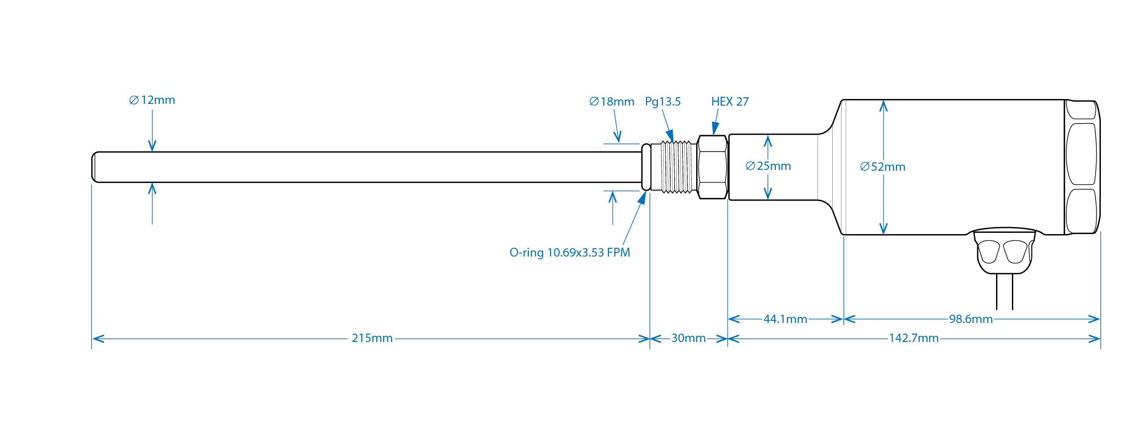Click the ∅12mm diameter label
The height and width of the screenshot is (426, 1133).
click(x=152, y=100)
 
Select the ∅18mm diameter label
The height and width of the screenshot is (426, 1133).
click(x=612, y=102)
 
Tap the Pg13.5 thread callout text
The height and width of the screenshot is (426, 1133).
click(x=663, y=102)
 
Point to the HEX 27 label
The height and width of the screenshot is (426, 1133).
click(x=730, y=102)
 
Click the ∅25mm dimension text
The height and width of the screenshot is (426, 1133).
click(x=768, y=166)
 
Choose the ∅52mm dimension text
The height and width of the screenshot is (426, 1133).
click(x=883, y=167)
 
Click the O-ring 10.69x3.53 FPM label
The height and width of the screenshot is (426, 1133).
click(x=569, y=253)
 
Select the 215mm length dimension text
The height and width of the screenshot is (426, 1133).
click(x=372, y=338)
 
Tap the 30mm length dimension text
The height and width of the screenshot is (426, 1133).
click(x=688, y=338)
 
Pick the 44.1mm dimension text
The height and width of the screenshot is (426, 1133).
click(x=785, y=319)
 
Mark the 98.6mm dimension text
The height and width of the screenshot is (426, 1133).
click(x=971, y=319)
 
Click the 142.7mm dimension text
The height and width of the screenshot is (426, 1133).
click(x=914, y=338)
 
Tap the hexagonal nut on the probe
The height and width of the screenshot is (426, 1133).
click(x=712, y=167)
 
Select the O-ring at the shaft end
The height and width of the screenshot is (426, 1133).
click(x=646, y=167)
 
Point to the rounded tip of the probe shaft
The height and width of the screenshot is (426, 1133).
click(x=94, y=167)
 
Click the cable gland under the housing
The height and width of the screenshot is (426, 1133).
click(x=1004, y=251)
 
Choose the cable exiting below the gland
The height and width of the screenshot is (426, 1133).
click(x=1004, y=293)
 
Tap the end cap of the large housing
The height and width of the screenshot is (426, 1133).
click(x=1082, y=167)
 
